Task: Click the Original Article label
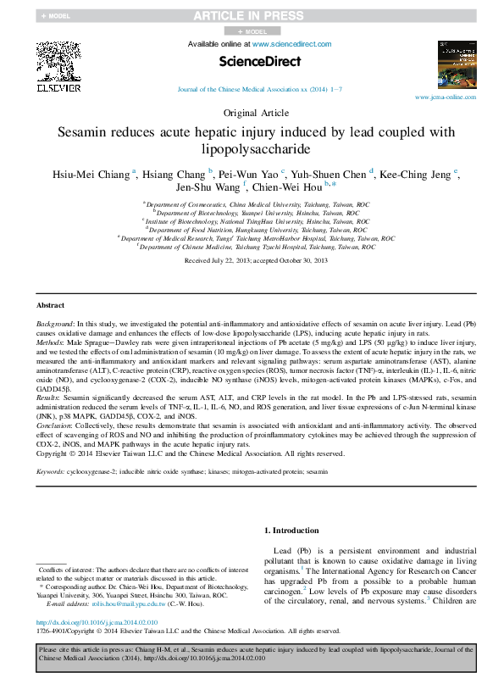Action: coord(252,113)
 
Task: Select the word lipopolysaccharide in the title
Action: coord(252,149)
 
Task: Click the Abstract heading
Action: coord(50,305)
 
